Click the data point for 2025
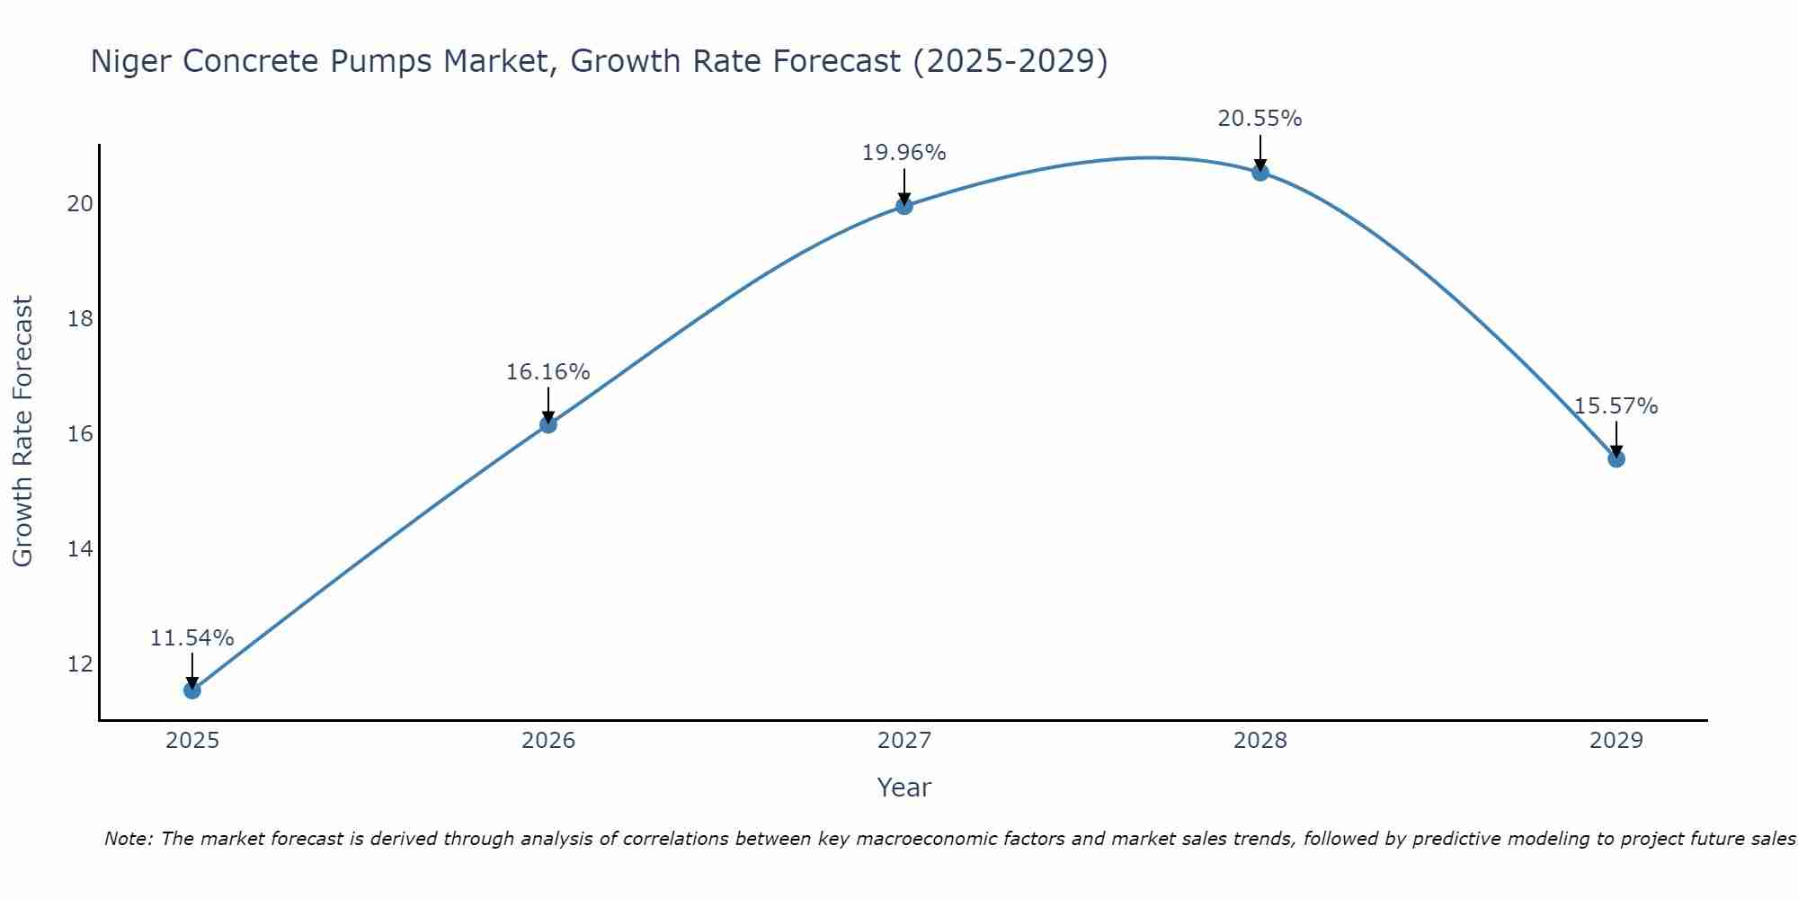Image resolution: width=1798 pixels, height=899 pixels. pos(192,690)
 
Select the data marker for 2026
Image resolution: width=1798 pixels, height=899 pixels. pos(548,424)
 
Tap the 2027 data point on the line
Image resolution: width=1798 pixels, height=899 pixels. pos(904,206)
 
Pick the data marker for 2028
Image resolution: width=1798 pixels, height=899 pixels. pos(1260,173)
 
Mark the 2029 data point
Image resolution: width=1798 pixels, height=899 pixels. pos(1616,458)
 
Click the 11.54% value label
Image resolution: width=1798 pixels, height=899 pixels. pos(191,638)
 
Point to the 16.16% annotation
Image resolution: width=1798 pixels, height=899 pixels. pos(547,372)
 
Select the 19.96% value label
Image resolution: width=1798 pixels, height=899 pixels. pos(903,154)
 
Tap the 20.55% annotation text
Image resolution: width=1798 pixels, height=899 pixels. pos(1259,119)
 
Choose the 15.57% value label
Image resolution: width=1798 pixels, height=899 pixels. pos(1616,406)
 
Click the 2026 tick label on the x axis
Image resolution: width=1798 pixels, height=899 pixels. pos(548,741)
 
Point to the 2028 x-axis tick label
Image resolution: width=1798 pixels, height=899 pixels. pos(1260,741)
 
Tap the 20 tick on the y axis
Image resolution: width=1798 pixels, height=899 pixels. pos(80,204)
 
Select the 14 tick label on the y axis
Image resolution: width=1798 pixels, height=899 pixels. pos(80,549)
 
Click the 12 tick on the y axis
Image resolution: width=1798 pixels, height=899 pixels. pos(80,664)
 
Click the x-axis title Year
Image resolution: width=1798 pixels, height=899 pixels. pos(903,788)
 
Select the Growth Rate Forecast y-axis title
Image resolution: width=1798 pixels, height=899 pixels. pos(23,432)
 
